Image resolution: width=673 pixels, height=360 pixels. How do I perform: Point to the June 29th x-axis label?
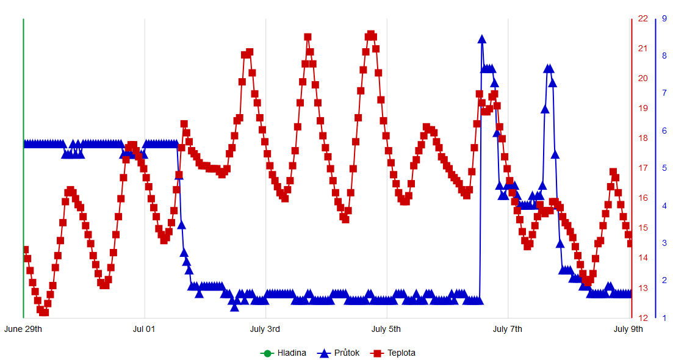pos(23,329)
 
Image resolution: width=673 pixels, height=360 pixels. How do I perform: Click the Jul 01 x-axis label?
pos(144,329)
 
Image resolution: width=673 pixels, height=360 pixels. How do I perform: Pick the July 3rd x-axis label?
pos(265,329)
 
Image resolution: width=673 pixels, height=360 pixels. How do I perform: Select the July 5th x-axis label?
pos(387,329)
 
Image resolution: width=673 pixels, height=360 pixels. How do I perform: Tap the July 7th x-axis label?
pos(508,329)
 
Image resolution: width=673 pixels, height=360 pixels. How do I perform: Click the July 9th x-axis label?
pos(628,329)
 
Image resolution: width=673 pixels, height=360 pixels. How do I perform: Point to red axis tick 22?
pos(643,18)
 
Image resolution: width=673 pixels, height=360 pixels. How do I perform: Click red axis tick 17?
pos(643,168)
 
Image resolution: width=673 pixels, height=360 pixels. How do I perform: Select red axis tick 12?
pos(643,318)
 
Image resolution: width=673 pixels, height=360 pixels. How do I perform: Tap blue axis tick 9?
pos(664,18)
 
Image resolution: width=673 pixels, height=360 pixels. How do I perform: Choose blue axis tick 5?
pos(664,168)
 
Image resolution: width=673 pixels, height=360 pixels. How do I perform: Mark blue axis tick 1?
pos(664,318)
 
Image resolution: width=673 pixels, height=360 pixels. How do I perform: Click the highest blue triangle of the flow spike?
pos(482,40)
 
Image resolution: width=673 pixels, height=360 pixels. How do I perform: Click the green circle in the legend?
pos(267,353)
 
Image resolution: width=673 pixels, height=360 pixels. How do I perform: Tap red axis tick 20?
pos(643,78)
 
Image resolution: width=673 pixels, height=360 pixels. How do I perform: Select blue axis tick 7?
pos(664,93)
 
